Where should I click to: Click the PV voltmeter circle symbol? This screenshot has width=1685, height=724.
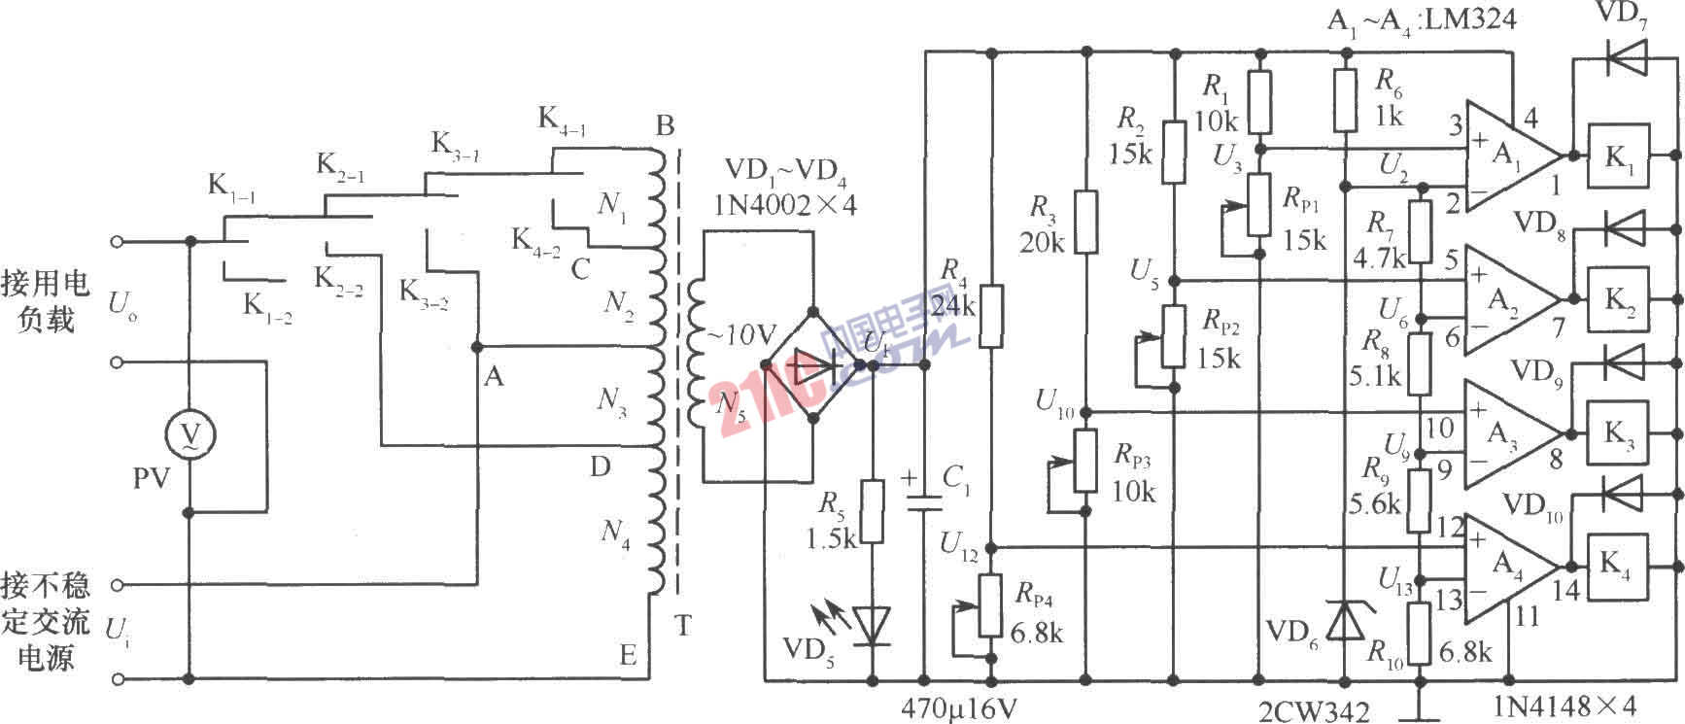189,433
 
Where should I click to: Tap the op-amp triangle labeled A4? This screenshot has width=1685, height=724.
1506,569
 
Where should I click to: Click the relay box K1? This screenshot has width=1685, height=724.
1618,155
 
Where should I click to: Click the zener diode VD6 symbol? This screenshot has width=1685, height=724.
1346,619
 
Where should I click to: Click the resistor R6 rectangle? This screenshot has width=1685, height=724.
1346,99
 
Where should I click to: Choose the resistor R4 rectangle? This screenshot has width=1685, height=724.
990,316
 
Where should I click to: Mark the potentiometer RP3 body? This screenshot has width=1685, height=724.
1087,462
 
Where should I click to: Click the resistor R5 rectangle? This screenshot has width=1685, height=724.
873,511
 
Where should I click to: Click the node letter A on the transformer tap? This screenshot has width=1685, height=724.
494,376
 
